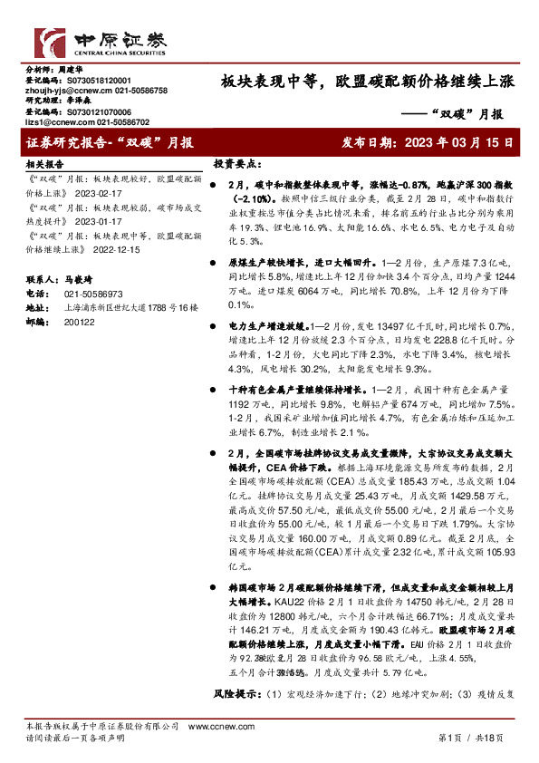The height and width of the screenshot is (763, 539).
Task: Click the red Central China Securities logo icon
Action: coord(47,42)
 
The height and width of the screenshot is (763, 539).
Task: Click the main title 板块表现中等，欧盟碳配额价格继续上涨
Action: coord(368,82)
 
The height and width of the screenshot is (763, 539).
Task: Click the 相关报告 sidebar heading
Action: coord(43,165)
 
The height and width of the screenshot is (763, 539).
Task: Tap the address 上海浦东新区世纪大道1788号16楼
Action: coord(130,308)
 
